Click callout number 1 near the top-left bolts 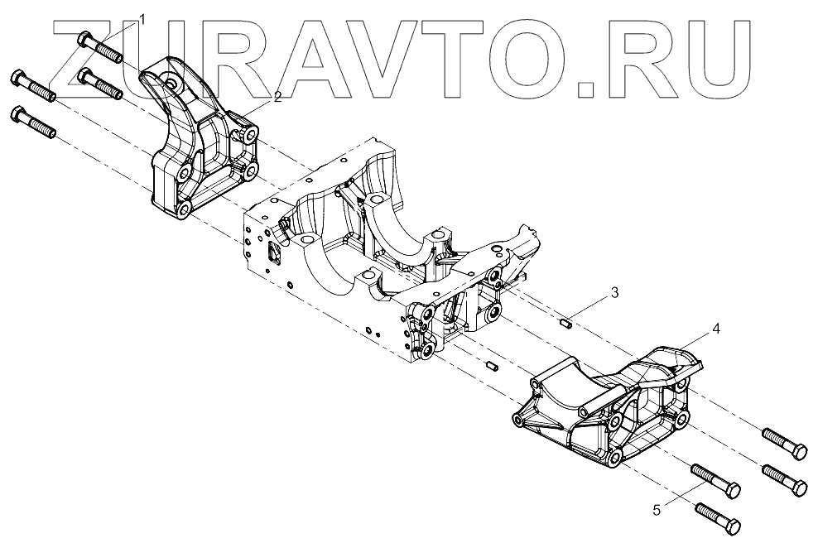(143, 19)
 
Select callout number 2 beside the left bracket (277, 97)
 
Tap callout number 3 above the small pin (613, 292)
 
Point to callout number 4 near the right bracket (715, 329)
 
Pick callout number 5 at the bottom (657, 510)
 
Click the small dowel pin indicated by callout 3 (567, 323)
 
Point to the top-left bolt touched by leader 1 (100, 47)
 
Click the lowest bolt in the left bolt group (33, 123)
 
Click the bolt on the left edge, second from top (33, 87)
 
